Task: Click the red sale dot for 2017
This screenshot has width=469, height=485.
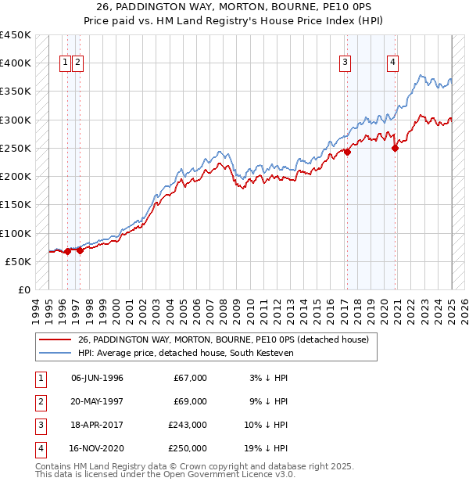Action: click(347, 153)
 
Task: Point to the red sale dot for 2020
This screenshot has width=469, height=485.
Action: click(396, 149)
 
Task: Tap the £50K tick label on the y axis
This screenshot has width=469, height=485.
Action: click(18, 261)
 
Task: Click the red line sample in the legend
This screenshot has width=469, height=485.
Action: click(55, 339)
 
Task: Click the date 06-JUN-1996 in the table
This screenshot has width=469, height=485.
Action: click(97, 378)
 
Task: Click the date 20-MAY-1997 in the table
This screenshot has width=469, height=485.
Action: click(97, 401)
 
